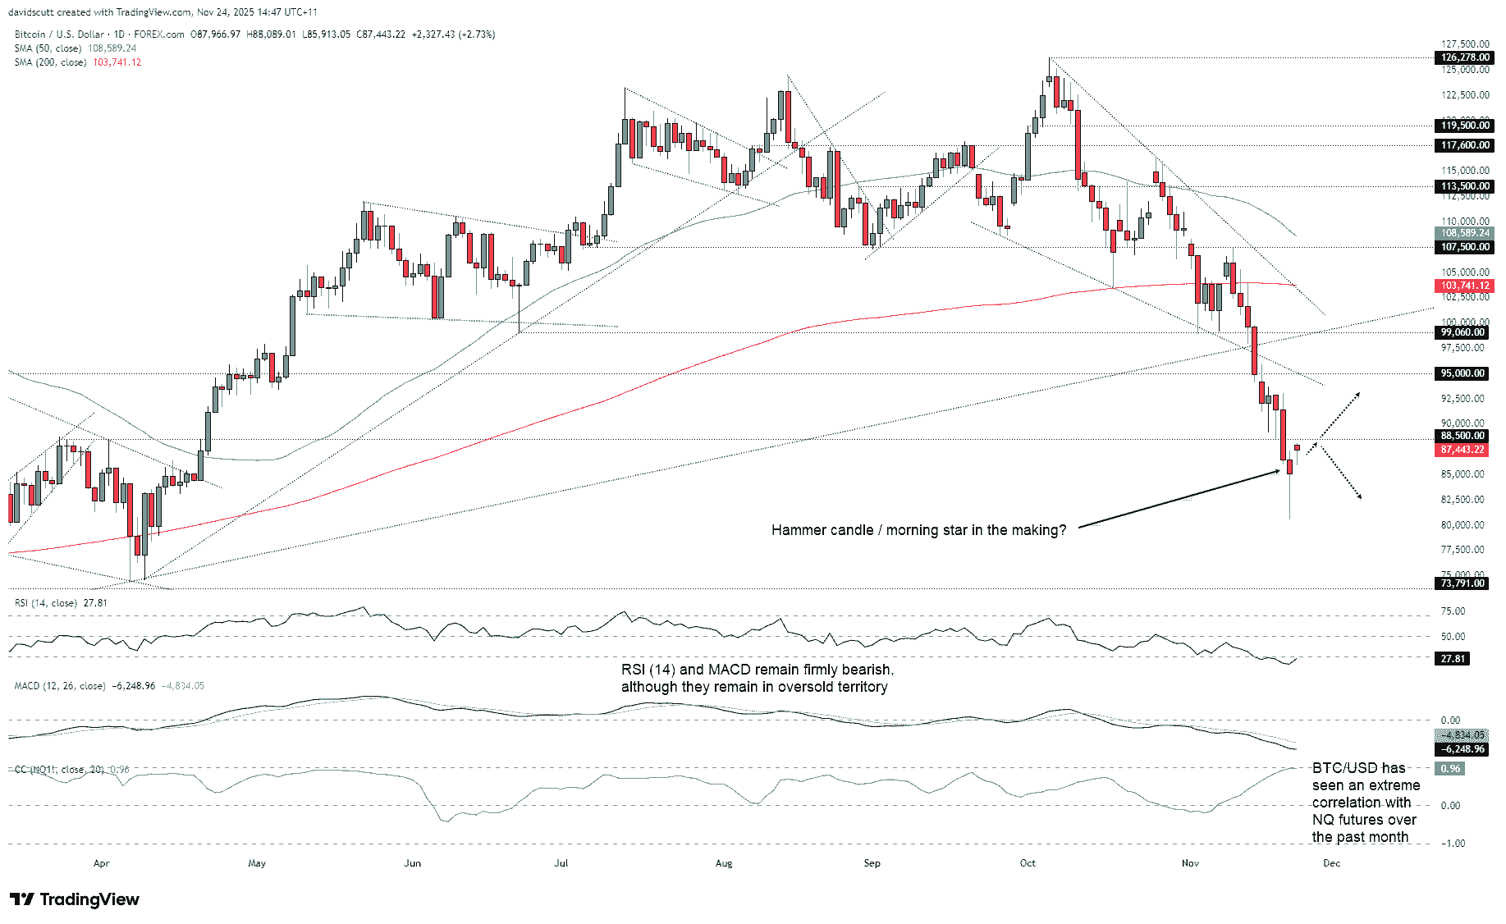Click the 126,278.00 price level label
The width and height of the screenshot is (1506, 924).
point(1465,57)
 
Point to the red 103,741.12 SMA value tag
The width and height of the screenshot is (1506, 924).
point(1465,286)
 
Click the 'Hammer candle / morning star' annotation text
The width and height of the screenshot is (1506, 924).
point(918,530)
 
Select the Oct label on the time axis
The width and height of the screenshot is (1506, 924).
point(1028,863)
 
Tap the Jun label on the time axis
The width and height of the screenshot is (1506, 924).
point(412,863)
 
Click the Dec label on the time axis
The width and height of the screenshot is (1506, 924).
point(1331,863)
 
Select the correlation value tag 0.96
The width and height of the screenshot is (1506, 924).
point(1450,769)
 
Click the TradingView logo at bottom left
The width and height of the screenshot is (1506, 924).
point(75,899)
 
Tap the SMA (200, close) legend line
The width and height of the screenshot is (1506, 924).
point(77,62)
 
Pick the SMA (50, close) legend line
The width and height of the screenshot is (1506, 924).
point(75,48)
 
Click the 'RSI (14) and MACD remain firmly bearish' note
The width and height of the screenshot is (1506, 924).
point(757,678)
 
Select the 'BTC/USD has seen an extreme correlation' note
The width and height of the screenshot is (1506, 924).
point(1365,803)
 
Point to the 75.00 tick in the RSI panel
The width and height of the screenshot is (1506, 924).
point(1453,611)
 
